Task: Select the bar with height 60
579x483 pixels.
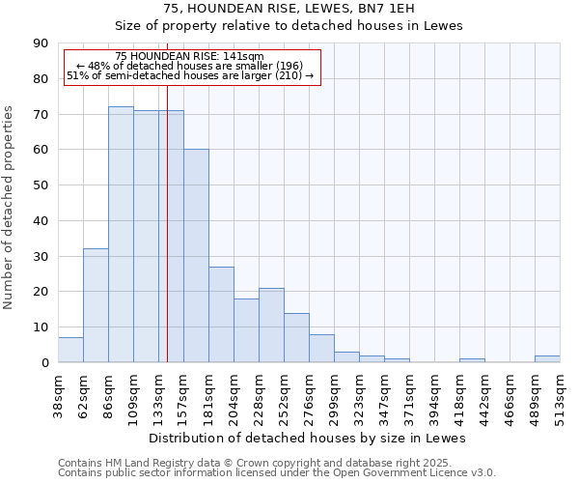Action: pos(196,256)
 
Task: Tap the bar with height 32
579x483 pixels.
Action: pos(96,305)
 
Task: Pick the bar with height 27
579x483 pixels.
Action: pos(221,315)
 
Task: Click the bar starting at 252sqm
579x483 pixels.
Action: pos(296,338)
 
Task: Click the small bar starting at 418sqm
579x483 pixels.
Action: pos(472,360)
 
